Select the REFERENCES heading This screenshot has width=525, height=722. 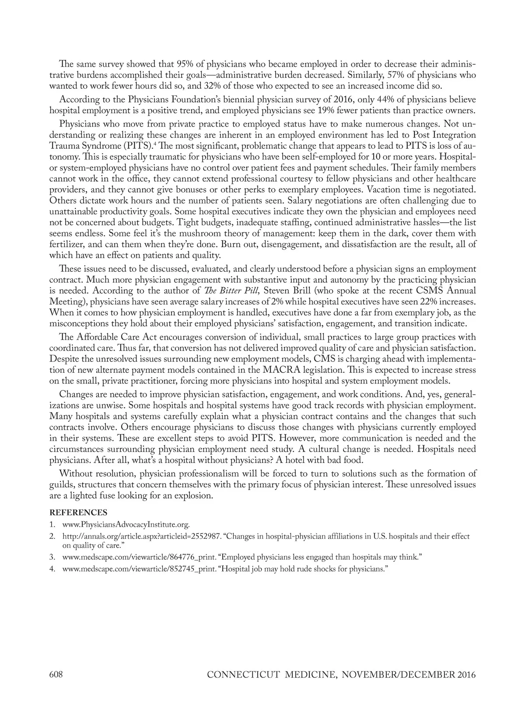click(78, 512)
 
